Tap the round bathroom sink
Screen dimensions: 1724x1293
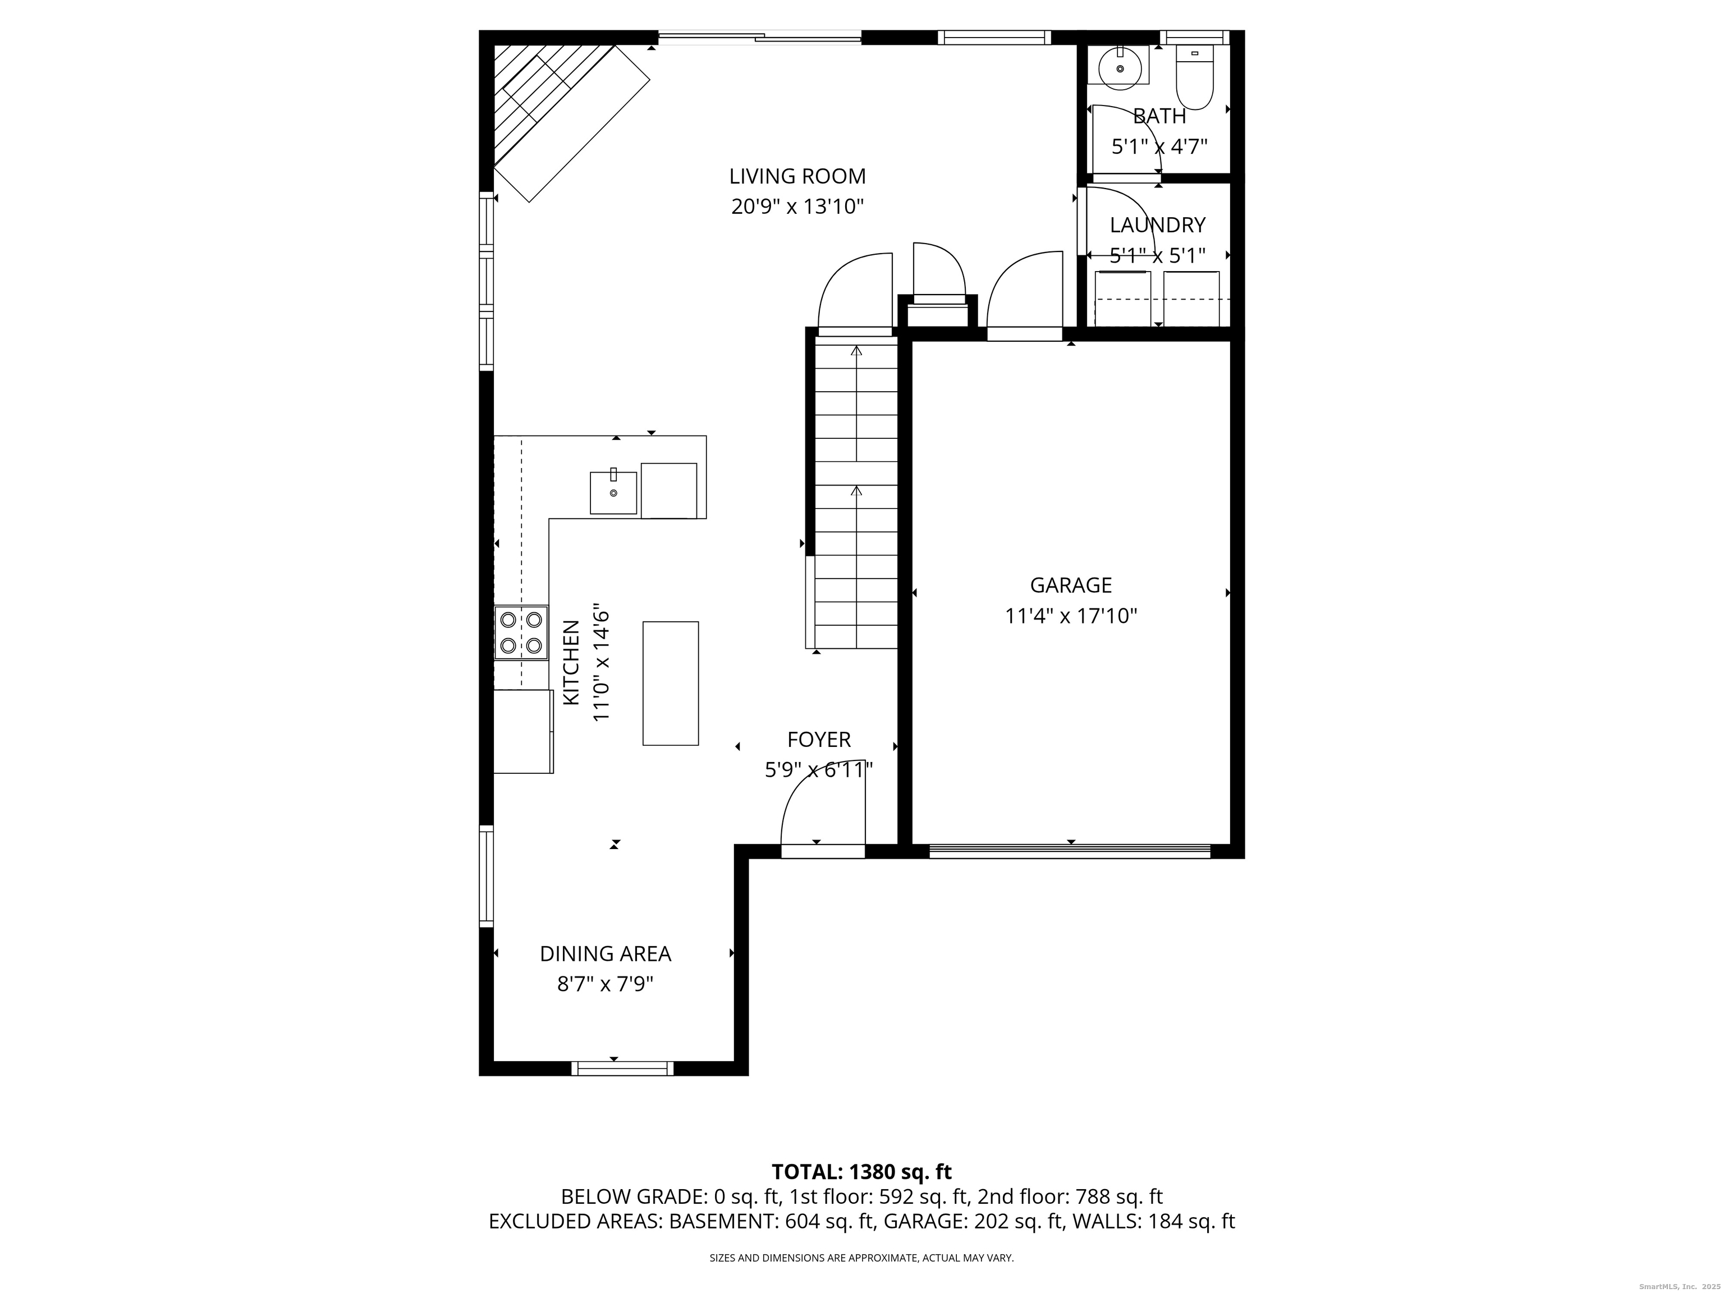click(1121, 66)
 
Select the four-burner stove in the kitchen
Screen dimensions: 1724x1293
click(521, 633)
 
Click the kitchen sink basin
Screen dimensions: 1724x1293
click(613, 493)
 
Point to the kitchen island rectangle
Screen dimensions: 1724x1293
click(670, 684)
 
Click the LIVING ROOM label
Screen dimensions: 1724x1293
click(797, 176)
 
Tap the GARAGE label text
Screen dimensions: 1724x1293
click(1071, 585)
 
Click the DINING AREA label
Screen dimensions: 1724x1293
click(606, 954)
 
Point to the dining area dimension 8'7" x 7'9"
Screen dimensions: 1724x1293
click(605, 984)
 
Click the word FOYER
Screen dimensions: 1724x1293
click(819, 740)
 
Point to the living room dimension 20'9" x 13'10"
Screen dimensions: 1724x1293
click(797, 207)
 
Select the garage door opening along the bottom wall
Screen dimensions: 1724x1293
click(1070, 851)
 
